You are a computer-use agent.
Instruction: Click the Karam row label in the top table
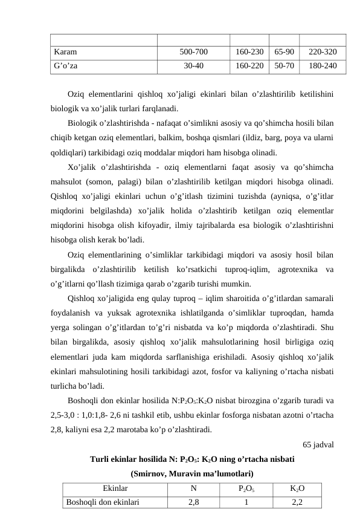[x=65, y=53]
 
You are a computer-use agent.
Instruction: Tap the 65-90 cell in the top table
[x=283, y=53]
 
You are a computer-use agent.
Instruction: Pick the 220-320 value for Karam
[x=323, y=53]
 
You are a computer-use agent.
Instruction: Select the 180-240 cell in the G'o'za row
[x=323, y=66]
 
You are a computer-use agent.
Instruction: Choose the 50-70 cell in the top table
[x=283, y=66]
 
